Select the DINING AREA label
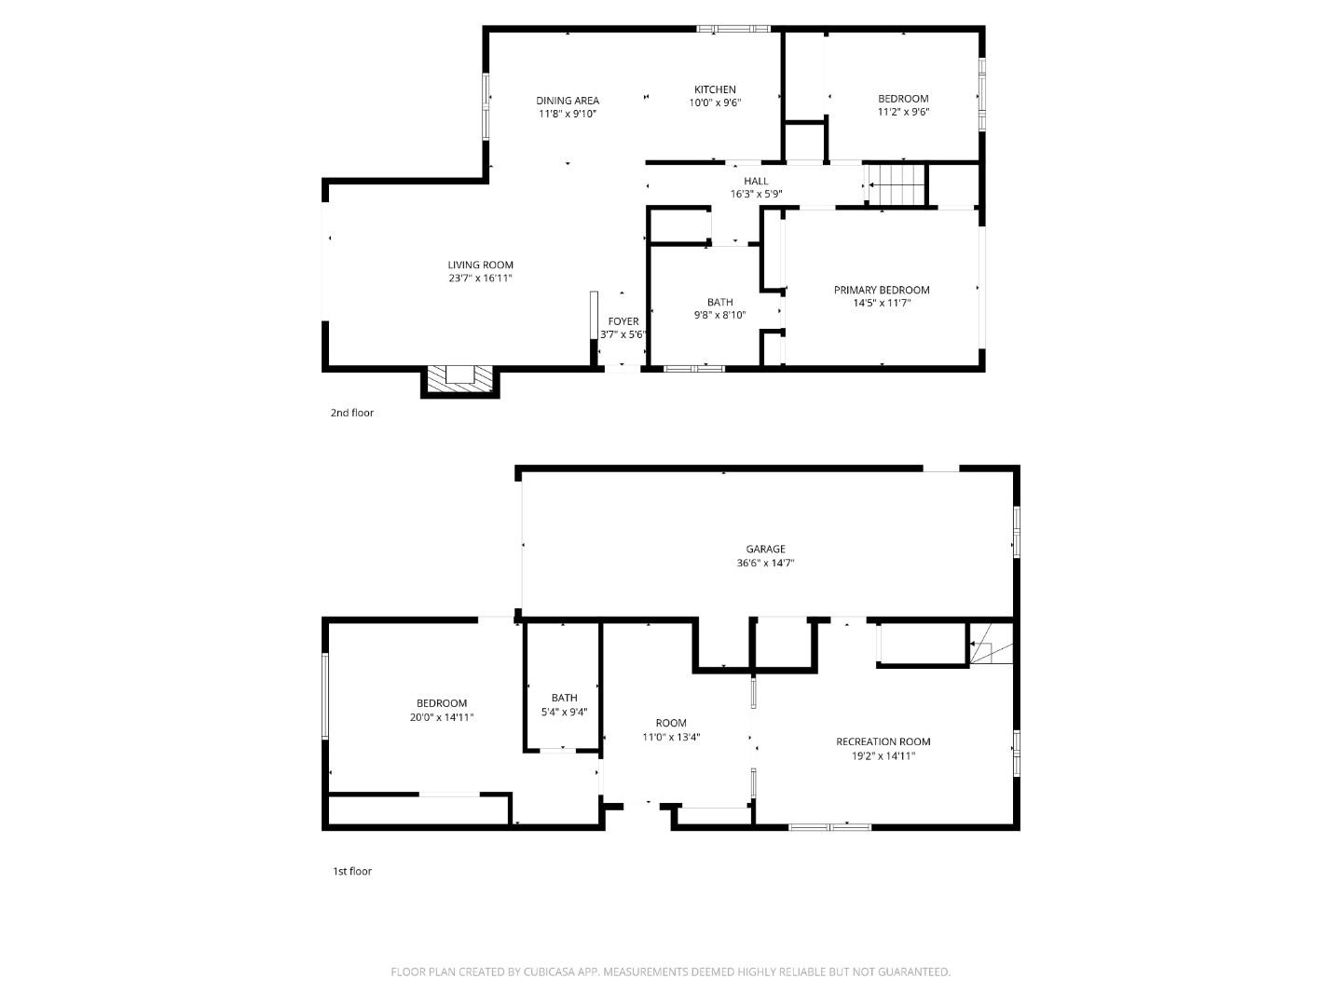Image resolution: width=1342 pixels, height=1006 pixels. pos(567,101)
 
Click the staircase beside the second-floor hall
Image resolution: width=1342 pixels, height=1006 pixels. pos(896,184)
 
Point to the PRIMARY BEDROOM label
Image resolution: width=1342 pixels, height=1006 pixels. pos(881,290)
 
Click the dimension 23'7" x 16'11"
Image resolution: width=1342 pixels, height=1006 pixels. pos(480,279)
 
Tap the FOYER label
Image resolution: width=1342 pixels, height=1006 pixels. pos(623,321)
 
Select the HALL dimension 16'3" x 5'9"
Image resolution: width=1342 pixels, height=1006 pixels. pos(756,195)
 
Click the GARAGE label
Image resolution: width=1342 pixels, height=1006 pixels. pos(765,549)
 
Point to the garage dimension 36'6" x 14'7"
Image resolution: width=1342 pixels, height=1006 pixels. pos(765,563)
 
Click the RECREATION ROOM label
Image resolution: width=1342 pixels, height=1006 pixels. pos(883,741)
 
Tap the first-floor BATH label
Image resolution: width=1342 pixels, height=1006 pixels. pos(564,698)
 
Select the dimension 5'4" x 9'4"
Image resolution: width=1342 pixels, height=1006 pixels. pos(564,712)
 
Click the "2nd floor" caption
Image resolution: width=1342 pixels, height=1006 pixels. pos(351,413)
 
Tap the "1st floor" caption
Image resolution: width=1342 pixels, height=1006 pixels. pos(352,872)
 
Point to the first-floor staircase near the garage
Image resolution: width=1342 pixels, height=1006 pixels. pos(991,645)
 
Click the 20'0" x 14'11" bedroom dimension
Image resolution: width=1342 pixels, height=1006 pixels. pos(442,717)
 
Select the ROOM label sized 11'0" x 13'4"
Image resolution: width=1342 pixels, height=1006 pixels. pos(670,723)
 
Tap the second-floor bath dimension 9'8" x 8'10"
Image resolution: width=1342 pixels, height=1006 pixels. pos(719,315)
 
